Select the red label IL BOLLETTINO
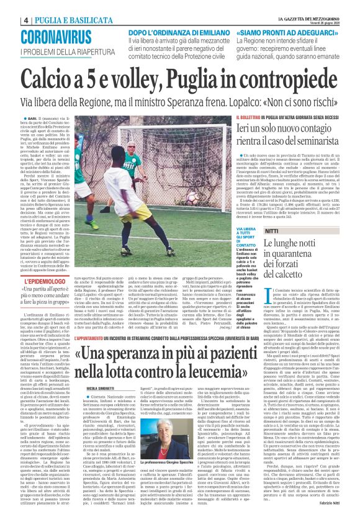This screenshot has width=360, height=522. tap(249, 117)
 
